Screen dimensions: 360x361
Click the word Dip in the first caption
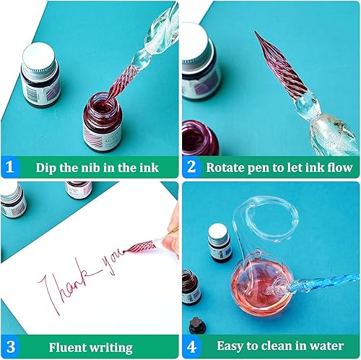(47, 168)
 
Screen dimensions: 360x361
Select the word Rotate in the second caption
(226, 168)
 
